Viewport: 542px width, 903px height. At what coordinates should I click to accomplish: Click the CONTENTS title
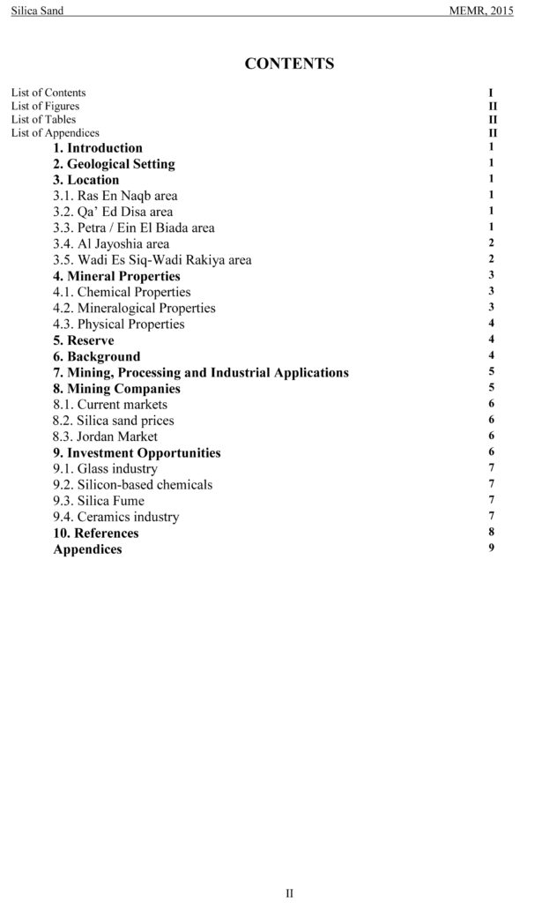[289, 63]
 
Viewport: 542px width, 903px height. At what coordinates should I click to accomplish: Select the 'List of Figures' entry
[45, 106]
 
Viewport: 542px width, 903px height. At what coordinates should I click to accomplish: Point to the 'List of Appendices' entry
[55, 133]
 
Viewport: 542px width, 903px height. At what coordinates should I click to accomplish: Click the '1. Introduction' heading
[97, 148]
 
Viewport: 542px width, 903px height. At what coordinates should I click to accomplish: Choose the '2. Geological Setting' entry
[114, 164]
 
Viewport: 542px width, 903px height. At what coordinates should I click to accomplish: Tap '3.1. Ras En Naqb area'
[115, 196]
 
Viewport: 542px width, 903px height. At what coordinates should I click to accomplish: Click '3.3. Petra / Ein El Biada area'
[133, 228]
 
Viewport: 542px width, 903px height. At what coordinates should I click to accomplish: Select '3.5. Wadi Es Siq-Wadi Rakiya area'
[152, 260]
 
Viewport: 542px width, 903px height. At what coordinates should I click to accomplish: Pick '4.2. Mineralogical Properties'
[134, 308]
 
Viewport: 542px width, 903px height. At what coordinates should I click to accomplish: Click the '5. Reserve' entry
[83, 340]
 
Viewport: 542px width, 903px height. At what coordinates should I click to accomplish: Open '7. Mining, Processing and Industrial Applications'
[200, 372]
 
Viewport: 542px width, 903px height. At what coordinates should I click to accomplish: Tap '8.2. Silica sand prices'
[113, 421]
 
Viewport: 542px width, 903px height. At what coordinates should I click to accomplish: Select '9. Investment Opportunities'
[137, 452]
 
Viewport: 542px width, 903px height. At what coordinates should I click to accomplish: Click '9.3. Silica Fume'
[99, 501]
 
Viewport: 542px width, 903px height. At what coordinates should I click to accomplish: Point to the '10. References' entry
[95, 533]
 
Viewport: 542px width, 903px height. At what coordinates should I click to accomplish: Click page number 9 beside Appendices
[491, 549]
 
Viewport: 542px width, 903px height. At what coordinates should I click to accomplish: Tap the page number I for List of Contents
[491, 93]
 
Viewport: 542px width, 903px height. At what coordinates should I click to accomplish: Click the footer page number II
[289, 893]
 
